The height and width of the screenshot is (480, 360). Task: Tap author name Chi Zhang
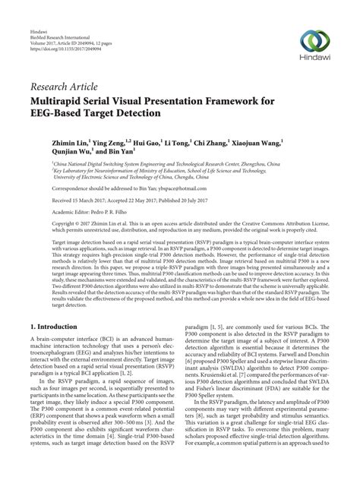point(232,142)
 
